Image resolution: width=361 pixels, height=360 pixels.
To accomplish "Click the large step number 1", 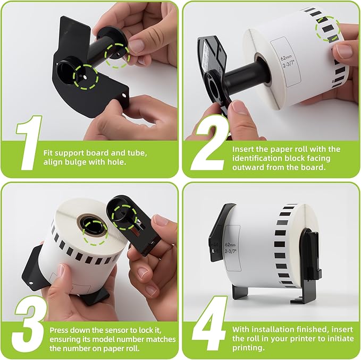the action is point(29,142).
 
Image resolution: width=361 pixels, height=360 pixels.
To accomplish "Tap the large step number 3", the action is point(30,323).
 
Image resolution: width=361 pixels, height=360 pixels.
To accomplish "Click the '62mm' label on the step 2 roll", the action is point(286,57).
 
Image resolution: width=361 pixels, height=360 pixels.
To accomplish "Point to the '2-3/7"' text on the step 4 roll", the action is point(230,251).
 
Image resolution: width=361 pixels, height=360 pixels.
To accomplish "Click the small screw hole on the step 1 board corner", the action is point(124,95).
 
